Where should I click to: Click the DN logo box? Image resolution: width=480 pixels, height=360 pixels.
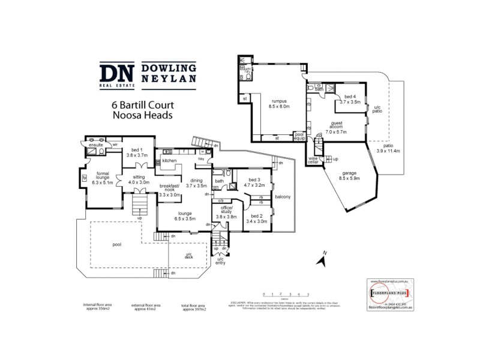point(117,74)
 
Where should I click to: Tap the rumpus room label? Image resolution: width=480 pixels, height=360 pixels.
point(280,103)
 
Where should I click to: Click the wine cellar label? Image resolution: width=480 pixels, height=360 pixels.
point(314,160)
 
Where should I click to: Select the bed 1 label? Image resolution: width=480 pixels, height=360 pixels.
point(136,152)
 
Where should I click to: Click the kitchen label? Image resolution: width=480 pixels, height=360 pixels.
point(169,161)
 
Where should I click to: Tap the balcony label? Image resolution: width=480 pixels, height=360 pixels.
point(282,197)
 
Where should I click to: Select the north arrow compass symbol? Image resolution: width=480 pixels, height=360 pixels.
point(322,259)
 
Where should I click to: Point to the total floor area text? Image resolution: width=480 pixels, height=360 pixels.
point(194,308)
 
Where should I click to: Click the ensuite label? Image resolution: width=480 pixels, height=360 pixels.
point(96,145)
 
